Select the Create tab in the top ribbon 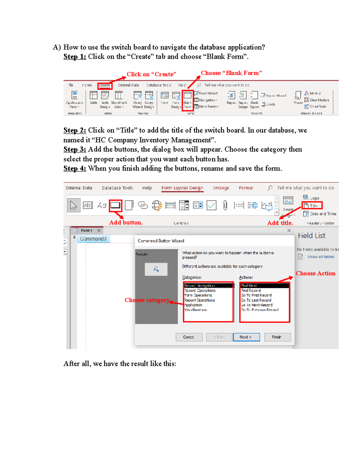coord(105,86)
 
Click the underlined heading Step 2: coord(75,130)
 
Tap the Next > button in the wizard coord(245,337)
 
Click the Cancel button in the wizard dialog coord(189,337)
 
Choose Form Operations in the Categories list coord(198,295)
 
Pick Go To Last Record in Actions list coord(256,300)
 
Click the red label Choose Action coord(315,273)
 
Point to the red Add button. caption coord(126,223)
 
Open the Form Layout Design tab coord(182,188)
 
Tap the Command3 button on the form coord(93,239)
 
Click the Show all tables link coord(320,257)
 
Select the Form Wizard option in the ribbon coord(208,94)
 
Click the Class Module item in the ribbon coord(319,100)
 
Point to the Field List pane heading coord(311,236)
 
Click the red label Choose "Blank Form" coord(231,73)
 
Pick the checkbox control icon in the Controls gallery coord(211,206)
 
